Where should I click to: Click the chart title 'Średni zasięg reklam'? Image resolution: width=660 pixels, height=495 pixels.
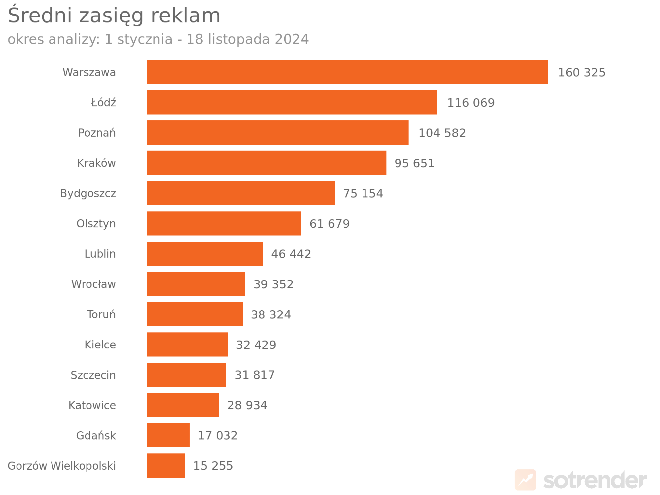[x=114, y=16]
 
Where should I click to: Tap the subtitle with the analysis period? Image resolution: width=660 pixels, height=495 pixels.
[x=158, y=39]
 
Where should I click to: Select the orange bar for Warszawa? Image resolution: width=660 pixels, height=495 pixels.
[x=347, y=72]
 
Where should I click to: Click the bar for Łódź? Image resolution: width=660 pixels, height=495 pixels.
[x=292, y=102]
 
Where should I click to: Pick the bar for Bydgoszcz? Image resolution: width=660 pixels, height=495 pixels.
[x=240, y=193]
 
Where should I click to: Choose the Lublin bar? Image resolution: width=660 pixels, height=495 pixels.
[x=204, y=253]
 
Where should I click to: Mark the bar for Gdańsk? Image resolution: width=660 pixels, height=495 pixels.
[x=168, y=435]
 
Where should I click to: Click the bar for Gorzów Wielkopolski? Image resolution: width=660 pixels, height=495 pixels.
[x=165, y=465]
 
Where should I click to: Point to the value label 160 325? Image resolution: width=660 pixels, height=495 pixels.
[x=581, y=72]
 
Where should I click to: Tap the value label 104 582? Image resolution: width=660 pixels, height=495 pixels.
[x=442, y=133]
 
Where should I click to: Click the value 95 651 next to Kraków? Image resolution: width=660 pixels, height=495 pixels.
[x=414, y=163]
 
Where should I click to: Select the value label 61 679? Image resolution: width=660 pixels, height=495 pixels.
[x=329, y=224]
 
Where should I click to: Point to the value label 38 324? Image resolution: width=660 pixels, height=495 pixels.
[x=271, y=314]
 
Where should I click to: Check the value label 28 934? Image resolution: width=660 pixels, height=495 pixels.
[x=247, y=405]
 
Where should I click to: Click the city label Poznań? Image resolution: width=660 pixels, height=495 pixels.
[x=97, y=133]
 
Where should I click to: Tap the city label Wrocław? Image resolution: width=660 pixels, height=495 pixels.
[x=93, y=284]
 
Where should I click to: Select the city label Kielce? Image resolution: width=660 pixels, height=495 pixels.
[x=100, y=345]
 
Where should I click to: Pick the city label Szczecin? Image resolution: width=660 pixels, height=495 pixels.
[x=93, y=375]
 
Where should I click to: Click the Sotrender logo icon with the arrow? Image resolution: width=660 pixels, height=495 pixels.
[x=525, y=479]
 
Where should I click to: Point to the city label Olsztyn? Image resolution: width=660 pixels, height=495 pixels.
[x=96, y=223]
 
